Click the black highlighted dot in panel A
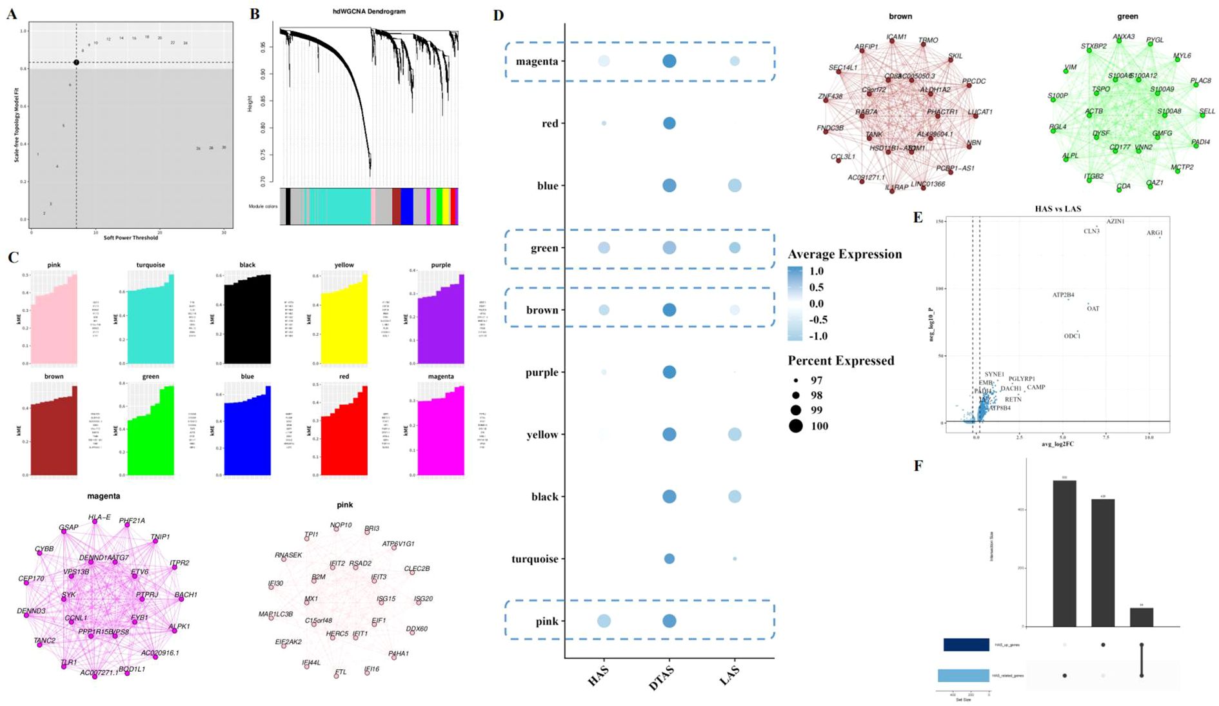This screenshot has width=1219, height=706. pos(76,62)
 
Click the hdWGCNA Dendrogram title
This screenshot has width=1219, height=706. pos(368,12)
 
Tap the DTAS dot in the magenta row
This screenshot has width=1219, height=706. pos(669,61)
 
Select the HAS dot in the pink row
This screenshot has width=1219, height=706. pos(604,621)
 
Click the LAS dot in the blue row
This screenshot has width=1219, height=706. pos(734,186)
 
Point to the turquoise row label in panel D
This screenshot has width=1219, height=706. pos(535,559)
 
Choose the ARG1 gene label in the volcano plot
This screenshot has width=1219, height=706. pos(1155,233)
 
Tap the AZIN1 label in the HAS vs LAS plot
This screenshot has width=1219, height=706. pos(1115,221)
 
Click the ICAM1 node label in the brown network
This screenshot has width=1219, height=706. pos(897,37)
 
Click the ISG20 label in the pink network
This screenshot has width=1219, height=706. pos(423,598)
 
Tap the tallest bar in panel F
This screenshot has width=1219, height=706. pos(1064,553)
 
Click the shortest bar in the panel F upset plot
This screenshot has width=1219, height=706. pos(1142,617)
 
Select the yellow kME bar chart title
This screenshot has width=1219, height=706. pos(344,265)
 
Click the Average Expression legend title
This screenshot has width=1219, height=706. pos(844,254)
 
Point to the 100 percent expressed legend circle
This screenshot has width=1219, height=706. pos(796,426)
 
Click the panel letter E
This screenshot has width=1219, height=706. pos(918,217)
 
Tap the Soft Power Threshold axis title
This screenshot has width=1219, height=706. pos(131,237)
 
